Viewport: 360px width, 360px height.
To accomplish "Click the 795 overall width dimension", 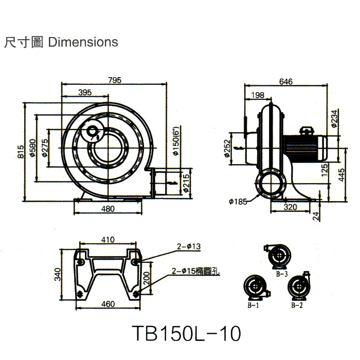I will pos(114,80).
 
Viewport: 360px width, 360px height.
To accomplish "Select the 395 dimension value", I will pos(85,93).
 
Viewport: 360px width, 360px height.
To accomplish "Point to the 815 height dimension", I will pos(21,152).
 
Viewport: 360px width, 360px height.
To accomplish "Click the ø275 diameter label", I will pos(45,148).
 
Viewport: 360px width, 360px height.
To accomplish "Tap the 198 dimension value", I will pos(258,95).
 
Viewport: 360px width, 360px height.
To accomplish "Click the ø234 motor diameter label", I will pos(334,119).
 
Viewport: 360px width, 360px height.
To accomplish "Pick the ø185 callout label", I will pos(237,202).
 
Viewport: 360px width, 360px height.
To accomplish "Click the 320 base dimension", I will pos(291,208).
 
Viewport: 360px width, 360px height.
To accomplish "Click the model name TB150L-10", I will pos(186,333).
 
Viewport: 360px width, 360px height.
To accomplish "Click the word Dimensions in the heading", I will pos(83,42).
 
